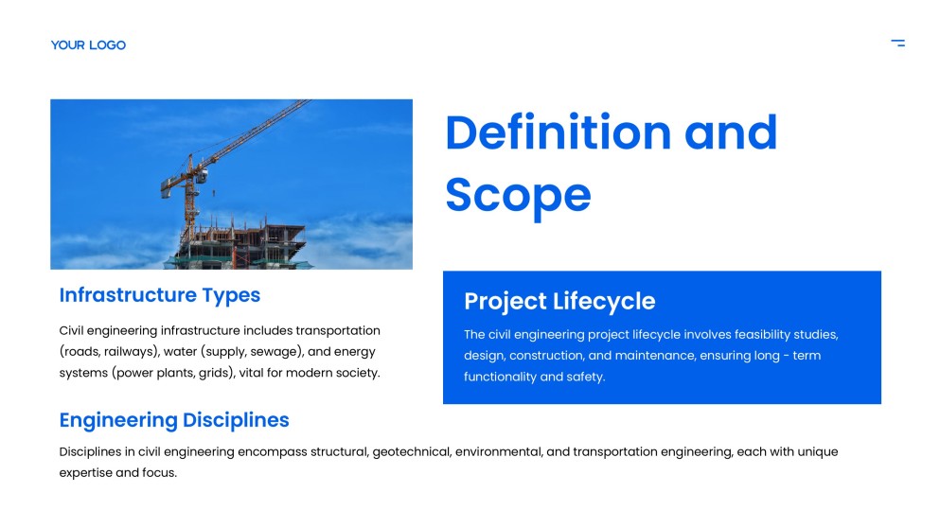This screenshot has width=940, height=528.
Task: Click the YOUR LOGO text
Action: [88, 44]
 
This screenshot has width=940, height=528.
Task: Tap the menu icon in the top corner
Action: [897, 43]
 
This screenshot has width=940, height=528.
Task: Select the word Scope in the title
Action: [518, 194]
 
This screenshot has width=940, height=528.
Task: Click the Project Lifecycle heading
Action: [559, 301]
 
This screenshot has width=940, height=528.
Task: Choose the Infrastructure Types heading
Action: [159, 295]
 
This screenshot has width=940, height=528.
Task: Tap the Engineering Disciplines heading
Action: [173, 420]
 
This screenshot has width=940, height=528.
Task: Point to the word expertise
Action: [85, 473]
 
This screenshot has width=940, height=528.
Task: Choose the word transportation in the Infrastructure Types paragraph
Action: [338, 331]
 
